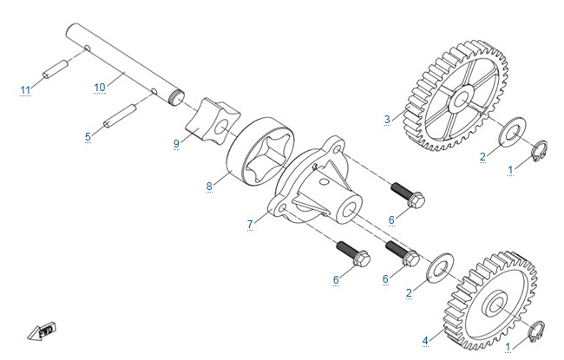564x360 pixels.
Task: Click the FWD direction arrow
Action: [x=43, y=331]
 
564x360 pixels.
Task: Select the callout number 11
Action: [x=25, y=90]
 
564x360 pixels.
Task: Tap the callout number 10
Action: [x=100, y=88]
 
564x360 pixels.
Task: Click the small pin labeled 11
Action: [x=56, y=69]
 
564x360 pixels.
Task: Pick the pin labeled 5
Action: [x=120, y=115]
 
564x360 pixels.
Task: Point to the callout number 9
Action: [x=176, y=143]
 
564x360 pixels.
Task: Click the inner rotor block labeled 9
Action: [x=213, y=121]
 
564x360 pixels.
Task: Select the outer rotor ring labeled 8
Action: [x=261, y=151]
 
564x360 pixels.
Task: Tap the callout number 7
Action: [x=251, y=225]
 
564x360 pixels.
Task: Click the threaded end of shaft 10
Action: [x=176, y=97]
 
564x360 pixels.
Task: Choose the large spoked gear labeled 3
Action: [x=456, y=96]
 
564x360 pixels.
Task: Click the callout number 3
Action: [x=387, y=120]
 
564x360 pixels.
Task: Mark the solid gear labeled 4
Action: [x=490, y=301]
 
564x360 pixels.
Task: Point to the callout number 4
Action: [x=425, y=340]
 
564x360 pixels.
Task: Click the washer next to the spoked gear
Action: [x=512, y=132]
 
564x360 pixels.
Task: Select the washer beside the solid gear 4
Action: [x=440, y=268]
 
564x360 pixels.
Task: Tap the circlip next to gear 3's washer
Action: [x=540, y=151]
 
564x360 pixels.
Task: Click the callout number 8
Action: [x=209, y=187]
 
